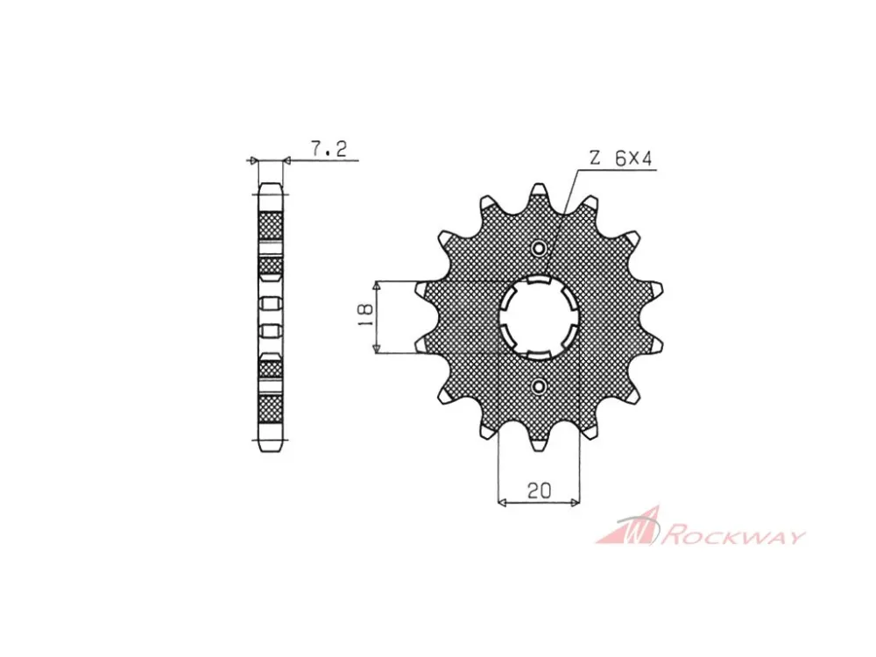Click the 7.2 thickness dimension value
coord(328,149)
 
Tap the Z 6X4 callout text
coord(620,159)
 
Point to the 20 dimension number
coord(539,491)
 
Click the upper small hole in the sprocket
coord(539,249)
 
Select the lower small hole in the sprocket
coord(539,385)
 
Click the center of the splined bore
coord(539,317)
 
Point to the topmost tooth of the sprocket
coord(539,193)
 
